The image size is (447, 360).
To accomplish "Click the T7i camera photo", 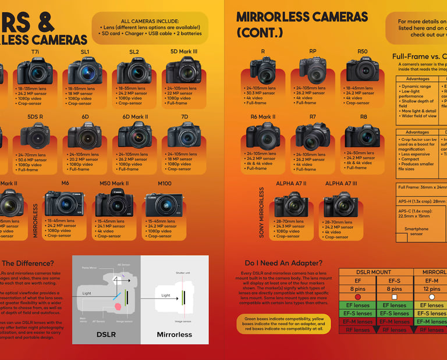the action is click(x=35, y=71).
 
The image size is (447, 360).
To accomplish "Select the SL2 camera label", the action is click(x=134, y=52).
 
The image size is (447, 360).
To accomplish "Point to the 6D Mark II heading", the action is click(x=135, y=116).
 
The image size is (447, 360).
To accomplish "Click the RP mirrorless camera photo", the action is click(x=313, y=71).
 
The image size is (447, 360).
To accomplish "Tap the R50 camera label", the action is click(x=363, y=52).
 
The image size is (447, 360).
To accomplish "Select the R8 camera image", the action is click(x=362, y=136).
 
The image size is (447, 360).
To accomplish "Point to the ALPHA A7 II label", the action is click(x=291, y=183).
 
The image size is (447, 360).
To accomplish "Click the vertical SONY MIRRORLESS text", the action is click(x=261, y=212).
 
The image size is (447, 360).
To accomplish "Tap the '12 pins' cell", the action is click(x=432, y=288).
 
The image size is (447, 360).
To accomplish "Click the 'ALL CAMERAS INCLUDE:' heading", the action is click(x=150, y=21).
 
